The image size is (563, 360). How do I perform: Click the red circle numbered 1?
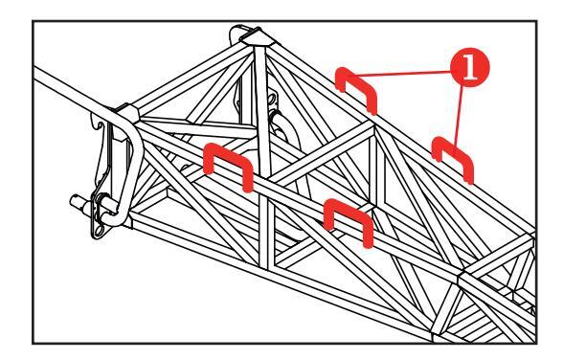469,68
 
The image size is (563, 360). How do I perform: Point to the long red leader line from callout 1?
405,74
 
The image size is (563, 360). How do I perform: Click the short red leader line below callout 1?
459,116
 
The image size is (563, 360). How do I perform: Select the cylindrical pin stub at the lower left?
79,202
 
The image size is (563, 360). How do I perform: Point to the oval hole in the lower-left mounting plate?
98,230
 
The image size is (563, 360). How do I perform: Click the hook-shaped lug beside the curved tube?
100,130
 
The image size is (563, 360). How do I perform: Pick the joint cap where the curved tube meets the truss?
126,112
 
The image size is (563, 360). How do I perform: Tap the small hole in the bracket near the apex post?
273,99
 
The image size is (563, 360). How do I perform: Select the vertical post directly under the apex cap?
261,107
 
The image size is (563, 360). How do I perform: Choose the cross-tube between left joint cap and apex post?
197,124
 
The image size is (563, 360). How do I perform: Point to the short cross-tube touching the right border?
500,255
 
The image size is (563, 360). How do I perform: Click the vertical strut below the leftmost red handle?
264,234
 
